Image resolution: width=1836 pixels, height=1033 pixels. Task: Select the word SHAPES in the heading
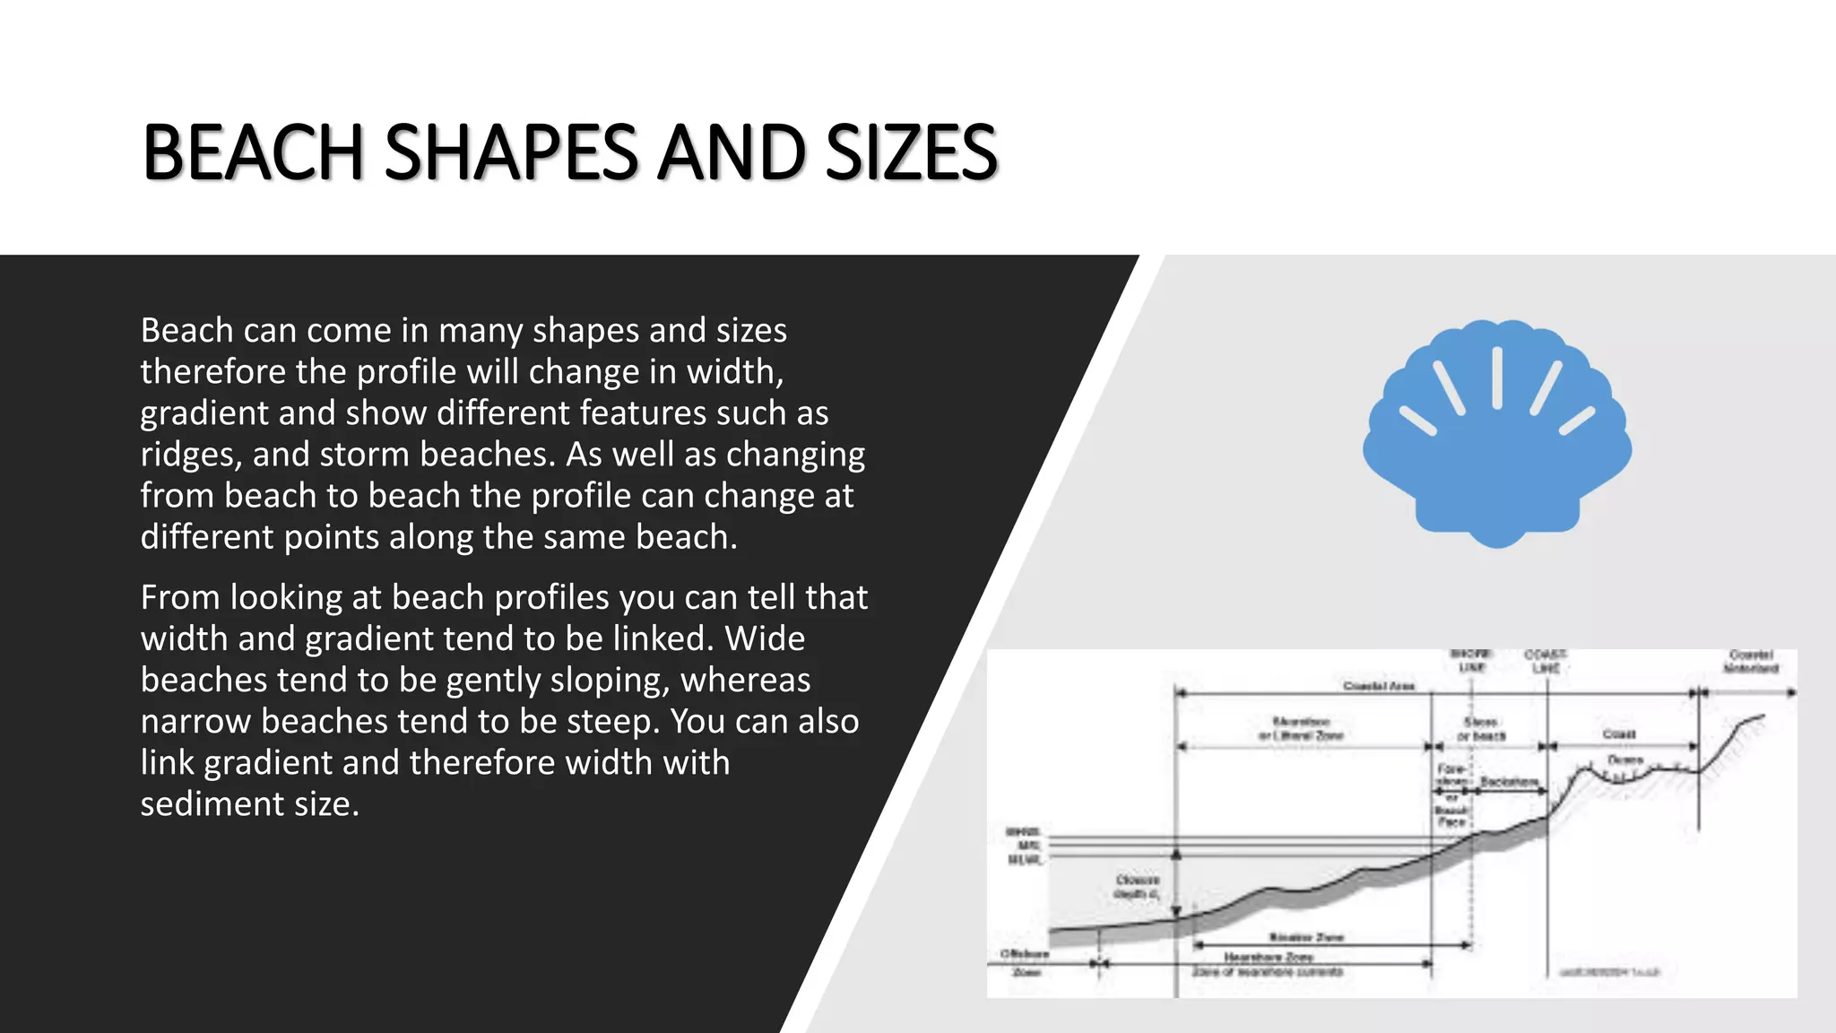(x=511, y=152)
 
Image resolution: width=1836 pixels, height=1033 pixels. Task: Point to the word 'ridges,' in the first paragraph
(x=191, y=455)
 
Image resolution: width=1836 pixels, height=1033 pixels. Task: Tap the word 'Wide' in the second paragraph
(x=765, y=638)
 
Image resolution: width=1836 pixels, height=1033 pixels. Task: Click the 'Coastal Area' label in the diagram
(x=1379, y=686)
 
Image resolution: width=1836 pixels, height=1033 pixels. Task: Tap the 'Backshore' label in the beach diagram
(x=1510, y=782)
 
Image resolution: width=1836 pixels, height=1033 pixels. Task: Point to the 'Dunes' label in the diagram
(x=1625, y=760)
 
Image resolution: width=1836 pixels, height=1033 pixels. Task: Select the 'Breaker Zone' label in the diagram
(x=1306, y=937)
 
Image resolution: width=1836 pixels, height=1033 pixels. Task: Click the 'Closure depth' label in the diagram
(x=1137, y=887)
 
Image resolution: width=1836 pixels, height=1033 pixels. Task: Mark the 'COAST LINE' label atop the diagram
(x=1546, y=661)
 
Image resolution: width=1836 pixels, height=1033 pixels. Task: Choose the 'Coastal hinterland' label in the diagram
(x=1750, y=661)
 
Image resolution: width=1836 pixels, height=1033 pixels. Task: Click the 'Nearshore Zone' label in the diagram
(x=1268, y=957)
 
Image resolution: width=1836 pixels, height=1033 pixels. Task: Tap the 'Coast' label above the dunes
(x=1619, y=734)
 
